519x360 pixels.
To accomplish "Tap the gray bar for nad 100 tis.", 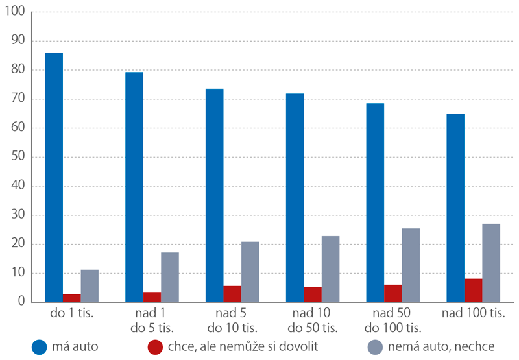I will [491, 263].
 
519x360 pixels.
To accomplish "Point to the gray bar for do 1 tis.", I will [90, 285].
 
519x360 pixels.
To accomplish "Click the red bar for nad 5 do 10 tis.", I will [232, 294].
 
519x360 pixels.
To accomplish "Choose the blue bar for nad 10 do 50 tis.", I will [295, 198].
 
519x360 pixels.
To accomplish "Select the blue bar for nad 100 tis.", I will [455, 208].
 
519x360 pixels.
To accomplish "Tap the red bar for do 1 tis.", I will [71, 298].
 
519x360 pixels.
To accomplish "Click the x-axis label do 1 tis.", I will [71, 315].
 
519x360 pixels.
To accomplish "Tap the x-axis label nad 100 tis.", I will [473, 315].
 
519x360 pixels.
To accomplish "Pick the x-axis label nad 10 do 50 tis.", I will [312, 320].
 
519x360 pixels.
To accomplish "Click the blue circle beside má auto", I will [40, 346].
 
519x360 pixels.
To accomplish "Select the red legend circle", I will [156, 346].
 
